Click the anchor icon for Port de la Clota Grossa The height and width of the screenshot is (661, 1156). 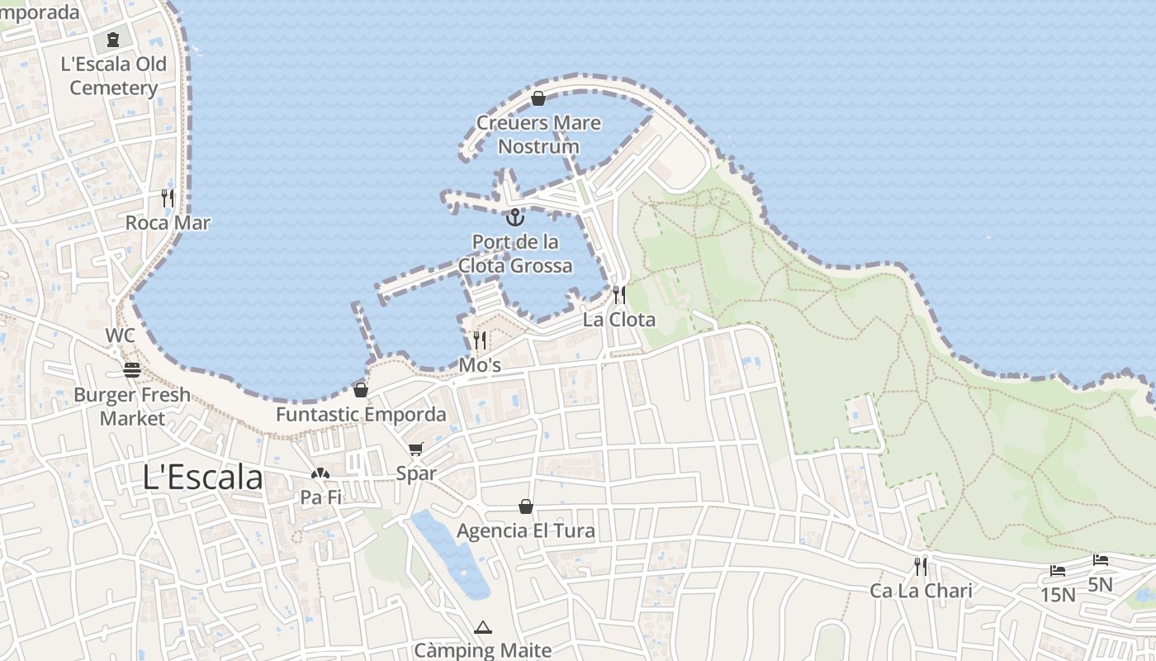click(515, 217)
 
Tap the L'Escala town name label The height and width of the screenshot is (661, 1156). click(203, 478)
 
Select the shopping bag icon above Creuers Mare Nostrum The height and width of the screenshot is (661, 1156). click(538, 99)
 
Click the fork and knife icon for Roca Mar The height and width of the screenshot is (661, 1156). click(168, 198)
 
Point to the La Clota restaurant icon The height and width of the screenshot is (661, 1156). click(618, 295)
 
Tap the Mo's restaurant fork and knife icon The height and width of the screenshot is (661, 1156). click(480, 340)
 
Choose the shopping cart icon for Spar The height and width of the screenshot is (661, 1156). click(415, 449)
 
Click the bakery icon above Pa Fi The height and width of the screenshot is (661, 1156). click(320, 473)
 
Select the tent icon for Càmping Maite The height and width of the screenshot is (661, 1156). click(483, 627)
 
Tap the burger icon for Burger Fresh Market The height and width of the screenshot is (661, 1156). click(132, 369)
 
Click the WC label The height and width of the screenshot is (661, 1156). click(120, 336)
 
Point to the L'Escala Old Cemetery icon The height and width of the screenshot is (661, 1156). click(113, 39)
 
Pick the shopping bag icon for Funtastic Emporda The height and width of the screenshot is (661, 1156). click(360, 390)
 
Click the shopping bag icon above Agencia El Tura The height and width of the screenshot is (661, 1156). click(525, 506)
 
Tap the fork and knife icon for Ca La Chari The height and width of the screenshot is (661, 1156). click(921, 566)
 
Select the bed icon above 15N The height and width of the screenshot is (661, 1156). click(1057, 570)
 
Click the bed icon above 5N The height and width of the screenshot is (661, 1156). click(1100, 560)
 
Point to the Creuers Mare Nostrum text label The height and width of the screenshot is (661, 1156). click(538, 135)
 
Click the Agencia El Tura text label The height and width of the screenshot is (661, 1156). click(525, 530)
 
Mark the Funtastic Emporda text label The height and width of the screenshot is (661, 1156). click(361, 414)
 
